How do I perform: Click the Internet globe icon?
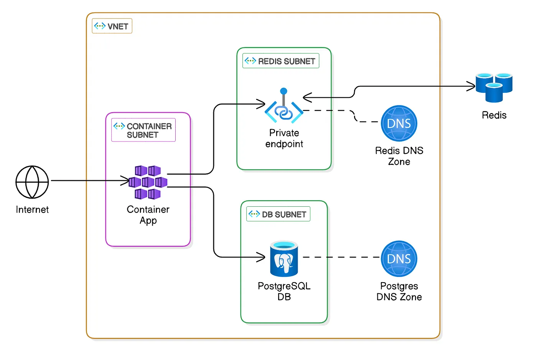[32, 182]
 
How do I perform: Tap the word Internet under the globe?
[32, 209]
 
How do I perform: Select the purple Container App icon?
[148, 182]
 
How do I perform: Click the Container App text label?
[148, 215]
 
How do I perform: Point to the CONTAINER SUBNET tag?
[143, 130]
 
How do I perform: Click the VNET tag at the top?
[112, 26]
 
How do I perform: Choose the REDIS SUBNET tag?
[281, 61]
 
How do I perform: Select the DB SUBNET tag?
[278, 214]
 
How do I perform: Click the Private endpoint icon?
[284, 106]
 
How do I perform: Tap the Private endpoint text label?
[284, 138]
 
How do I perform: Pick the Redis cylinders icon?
[494, 87]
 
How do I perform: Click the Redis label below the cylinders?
[494, 115]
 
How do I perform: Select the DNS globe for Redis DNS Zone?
[399, 123]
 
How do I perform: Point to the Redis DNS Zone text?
[399, 156]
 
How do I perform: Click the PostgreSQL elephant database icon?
[284, 259]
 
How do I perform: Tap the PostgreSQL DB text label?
[284, 291]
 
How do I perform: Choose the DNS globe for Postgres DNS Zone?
[399, 259]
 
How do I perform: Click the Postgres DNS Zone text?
[399, 291]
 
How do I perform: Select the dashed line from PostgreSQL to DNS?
[342, 257]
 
